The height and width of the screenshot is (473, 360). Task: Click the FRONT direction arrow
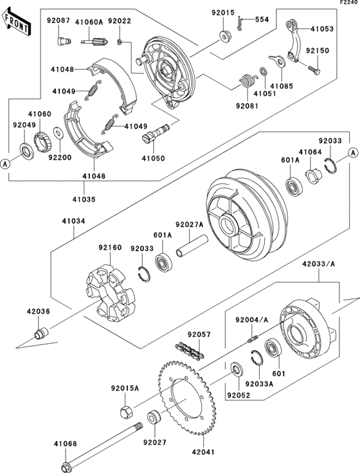tap(16, 21)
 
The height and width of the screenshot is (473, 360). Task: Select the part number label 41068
tap(66, 444)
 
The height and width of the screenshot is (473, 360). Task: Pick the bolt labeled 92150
tap(314, 69)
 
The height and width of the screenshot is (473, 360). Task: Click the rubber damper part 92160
tap(109, 292)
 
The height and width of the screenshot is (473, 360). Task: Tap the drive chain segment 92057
tap(190, 350)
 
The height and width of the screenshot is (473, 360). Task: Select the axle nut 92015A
tap(127, 412)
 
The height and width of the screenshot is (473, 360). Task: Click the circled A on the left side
tap(4, 164)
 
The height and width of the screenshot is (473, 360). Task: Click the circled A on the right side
tap(352, 153)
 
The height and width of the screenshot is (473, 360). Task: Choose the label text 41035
tap(84, 199)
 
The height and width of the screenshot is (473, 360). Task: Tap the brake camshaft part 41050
tap(156, 132)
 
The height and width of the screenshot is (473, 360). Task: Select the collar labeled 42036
tap(40, 333)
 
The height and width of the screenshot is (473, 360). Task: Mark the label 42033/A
tap(318, 264)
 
